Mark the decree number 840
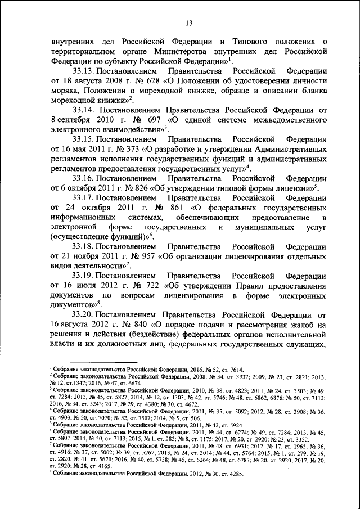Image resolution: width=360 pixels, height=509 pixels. [x=143, y=327]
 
